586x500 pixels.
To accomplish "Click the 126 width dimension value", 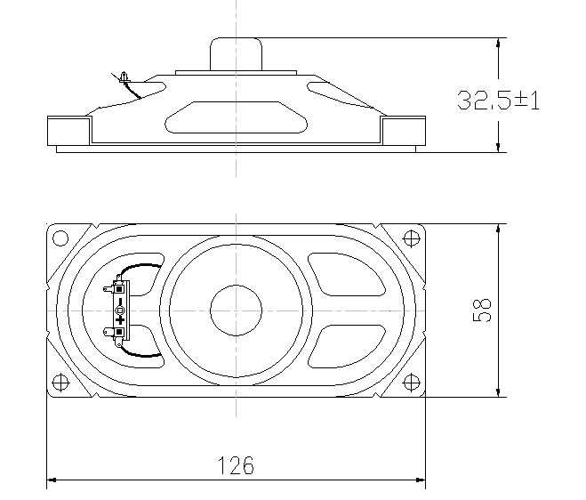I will tap(236, 464).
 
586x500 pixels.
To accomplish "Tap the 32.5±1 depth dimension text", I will tap(498, 100).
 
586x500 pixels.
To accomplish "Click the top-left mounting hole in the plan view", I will tap(60, 238).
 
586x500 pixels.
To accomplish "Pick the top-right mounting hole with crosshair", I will tap(411, 238).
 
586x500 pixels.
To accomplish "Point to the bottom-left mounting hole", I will tap(60, 383).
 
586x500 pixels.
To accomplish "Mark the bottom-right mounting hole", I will tap(411, 383).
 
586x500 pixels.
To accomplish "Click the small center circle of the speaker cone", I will tap(236, 310).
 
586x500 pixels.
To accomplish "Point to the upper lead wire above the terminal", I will tap(141, 269).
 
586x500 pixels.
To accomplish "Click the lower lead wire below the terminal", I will tap(141, 352).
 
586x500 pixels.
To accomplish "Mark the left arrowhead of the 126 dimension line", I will tap(52, 480).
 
